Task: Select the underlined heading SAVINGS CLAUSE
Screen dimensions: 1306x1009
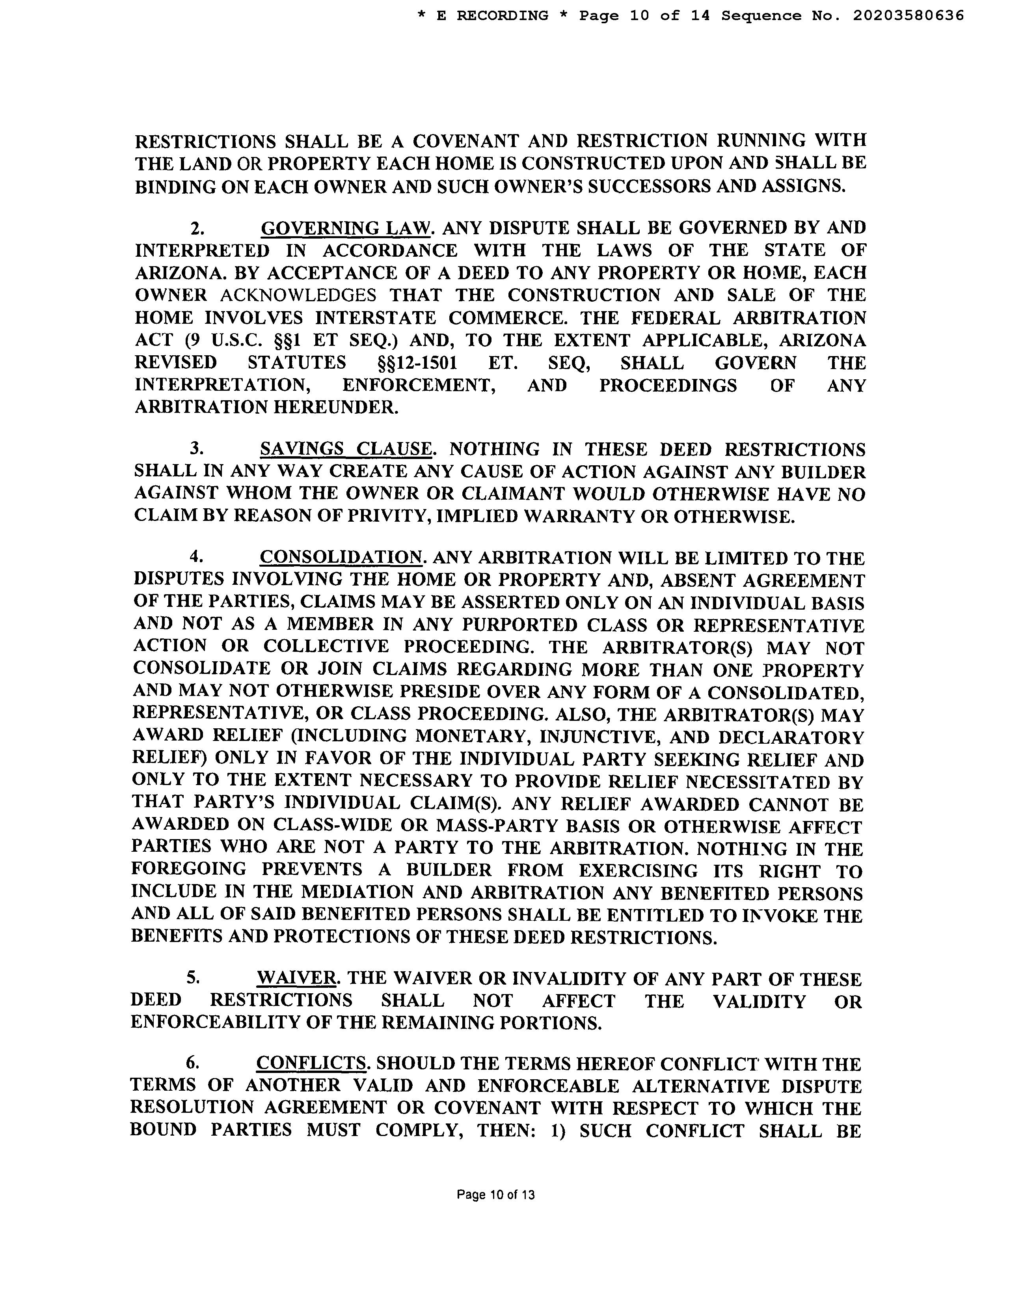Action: [346, 449]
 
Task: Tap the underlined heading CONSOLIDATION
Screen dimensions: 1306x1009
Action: [341, 557]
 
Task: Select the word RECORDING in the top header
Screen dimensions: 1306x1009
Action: [502, 15]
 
